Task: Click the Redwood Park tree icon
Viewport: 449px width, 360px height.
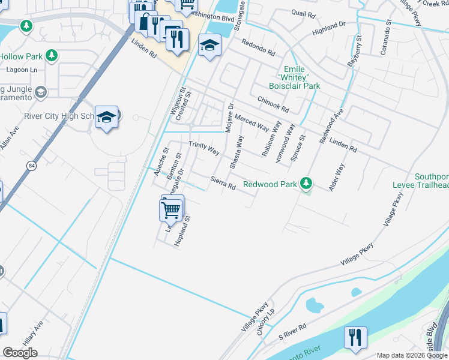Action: (307, 182)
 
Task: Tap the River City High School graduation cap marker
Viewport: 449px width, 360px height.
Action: (106, 117)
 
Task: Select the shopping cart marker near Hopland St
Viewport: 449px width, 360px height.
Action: (171, 210)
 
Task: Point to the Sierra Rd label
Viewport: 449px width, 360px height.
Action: (223, 183)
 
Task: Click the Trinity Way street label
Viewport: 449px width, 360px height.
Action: (204, 147)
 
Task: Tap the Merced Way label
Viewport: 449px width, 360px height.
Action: (252, 122)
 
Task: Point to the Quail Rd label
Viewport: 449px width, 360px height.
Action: (298, 13)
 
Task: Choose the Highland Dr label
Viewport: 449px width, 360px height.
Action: (330, 26)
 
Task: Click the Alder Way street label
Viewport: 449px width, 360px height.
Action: (336, 178)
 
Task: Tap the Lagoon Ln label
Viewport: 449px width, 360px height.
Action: (22, 70)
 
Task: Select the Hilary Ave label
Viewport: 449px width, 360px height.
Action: (34, 332)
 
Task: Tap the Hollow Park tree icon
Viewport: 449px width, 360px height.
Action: (52, 56)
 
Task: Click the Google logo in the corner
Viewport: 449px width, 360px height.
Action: (20, 353)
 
